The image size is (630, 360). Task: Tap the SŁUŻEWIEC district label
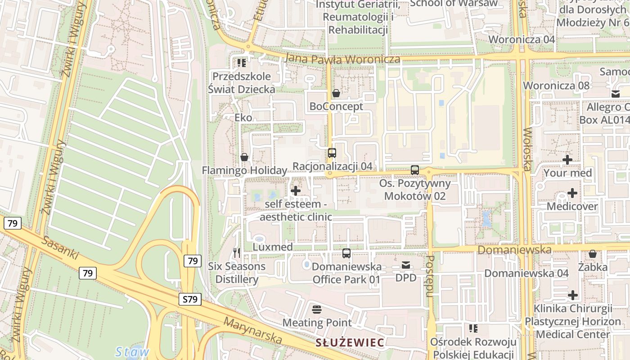350,343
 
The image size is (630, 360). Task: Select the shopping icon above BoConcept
336,94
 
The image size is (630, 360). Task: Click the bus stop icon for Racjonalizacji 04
332,153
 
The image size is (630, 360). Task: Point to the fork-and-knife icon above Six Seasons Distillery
237,253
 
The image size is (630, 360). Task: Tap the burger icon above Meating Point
317,310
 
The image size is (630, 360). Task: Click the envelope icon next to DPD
406,265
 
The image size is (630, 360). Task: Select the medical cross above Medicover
572,193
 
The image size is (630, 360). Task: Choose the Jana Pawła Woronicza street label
342,59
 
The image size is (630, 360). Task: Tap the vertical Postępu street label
430,276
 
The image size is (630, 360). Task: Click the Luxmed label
273,247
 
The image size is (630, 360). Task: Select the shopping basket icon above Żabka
593,254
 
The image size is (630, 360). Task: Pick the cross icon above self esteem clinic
296,191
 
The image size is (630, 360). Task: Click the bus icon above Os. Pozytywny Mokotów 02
414,170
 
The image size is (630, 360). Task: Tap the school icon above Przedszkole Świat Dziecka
242,63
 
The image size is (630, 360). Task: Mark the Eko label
243,118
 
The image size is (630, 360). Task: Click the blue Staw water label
132,351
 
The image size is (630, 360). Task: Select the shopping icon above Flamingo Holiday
244,157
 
